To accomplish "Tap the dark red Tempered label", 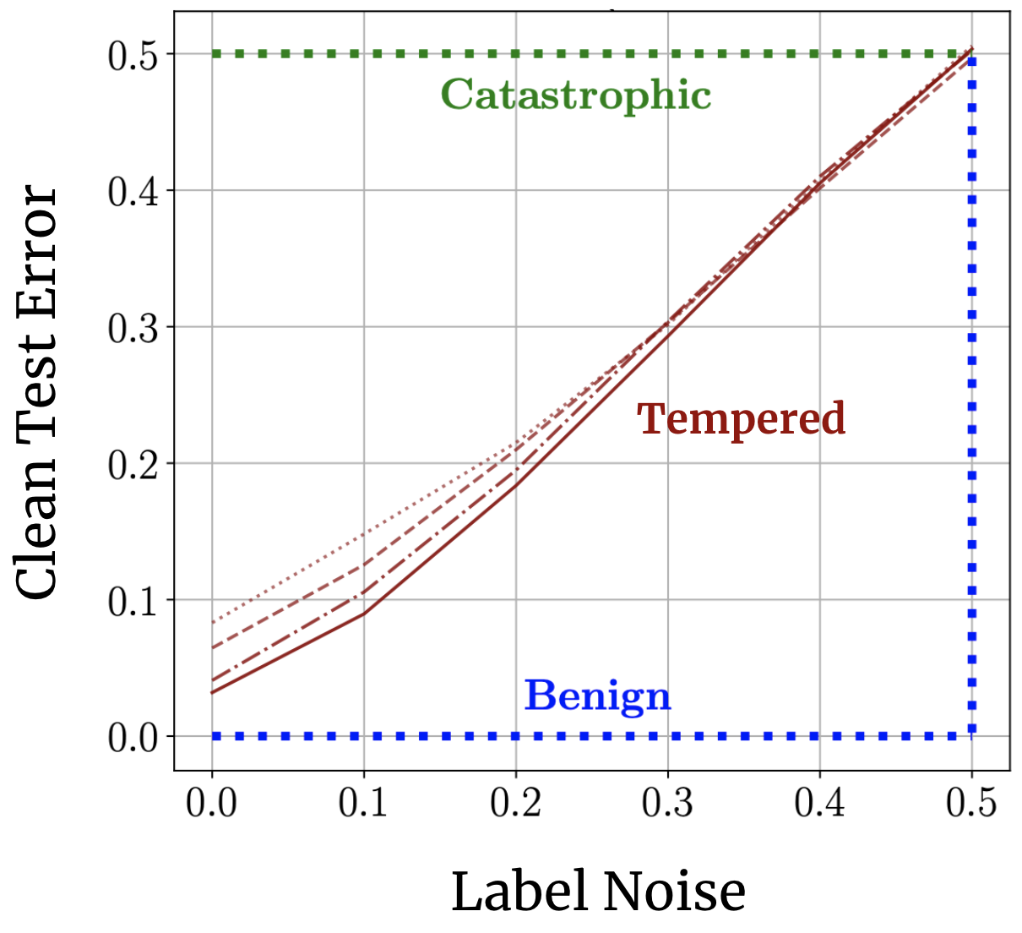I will pyautogui.click(x=741, y=419).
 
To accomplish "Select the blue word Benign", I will pyautogui.click(x=597, y=696).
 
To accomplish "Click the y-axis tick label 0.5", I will pyautogui.click(x=133, y=55).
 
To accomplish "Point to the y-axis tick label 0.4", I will pyautogui.click(x=133, y=192).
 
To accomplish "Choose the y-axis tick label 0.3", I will pyautogui.click(x=133, y=328).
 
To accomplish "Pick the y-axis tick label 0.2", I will pyautogui.click(x=133, y=465).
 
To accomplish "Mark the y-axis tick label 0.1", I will pyautogui.click(x=133, y=601).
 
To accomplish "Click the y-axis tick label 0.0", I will pyautogui.click(x=133, y=738).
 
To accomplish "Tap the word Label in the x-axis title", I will pyautogui.click(x=517, y=892).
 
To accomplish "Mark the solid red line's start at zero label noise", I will pyautogui.click(x=212, y=693).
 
